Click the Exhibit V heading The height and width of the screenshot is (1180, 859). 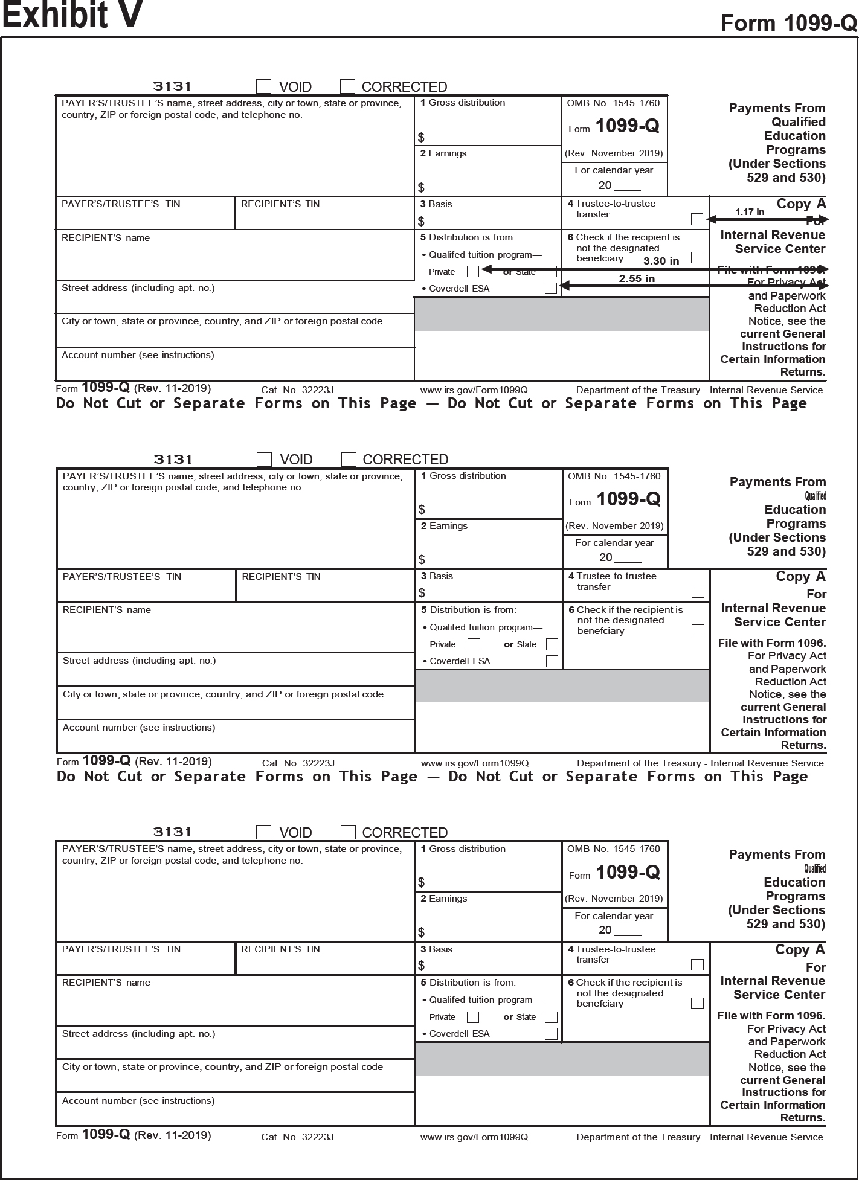72,14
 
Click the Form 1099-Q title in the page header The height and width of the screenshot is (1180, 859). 788,23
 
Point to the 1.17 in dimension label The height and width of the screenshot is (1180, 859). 749,212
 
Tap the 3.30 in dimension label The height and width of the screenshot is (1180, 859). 661,261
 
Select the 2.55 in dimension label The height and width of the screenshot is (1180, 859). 637,278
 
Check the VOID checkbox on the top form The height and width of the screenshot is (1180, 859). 264,86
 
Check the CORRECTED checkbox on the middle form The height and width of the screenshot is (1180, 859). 349,460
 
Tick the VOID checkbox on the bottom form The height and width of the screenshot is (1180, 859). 264,832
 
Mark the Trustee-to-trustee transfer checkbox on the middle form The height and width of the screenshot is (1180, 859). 698,592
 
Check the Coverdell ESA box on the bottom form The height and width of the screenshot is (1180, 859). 551,1033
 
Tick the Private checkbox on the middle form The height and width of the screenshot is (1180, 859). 474,644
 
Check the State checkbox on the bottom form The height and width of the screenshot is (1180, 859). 551,1017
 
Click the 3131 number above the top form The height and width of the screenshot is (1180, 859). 172,86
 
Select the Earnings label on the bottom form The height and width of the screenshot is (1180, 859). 447,899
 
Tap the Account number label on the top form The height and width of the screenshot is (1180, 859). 138,355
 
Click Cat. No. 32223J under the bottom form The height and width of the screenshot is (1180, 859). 297,1137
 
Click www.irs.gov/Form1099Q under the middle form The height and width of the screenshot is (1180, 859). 475,763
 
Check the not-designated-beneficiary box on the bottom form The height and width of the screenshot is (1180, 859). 697,1004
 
